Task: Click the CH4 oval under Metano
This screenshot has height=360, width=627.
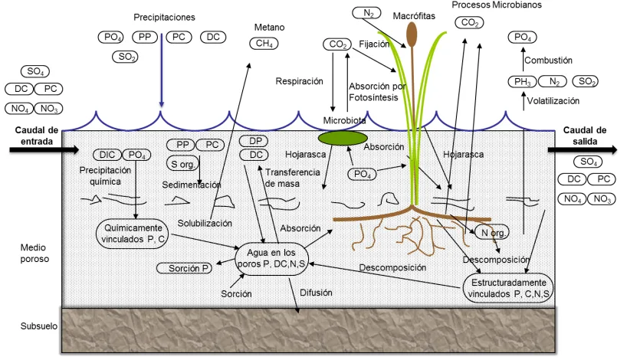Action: tap(264, 43)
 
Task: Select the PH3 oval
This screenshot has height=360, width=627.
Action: tap(522, 81)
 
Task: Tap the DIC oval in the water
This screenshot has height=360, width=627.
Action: tap(107, 155)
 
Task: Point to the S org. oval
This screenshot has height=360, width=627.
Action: tap(182, 163)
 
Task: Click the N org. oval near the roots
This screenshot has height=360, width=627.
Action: tap(492, 232)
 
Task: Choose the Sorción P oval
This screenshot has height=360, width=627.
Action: tap(184, 268)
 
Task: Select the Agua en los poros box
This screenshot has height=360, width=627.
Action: tap(271, 259)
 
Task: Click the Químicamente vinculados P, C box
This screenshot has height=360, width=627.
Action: tap(133, 234)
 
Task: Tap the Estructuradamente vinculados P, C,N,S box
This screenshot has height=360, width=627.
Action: tap(508, 288)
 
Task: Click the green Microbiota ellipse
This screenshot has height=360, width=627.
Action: tap(343, 138)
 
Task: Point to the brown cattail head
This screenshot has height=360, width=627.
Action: tap(412, 34)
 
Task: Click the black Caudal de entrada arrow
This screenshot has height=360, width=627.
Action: tap(44, 150)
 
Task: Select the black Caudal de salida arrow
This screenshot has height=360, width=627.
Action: tap(583, 150)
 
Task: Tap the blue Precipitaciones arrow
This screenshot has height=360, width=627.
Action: tap(161, 70)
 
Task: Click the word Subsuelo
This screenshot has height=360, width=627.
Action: tap(39, 326)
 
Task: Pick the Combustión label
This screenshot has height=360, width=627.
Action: tap(548, 61)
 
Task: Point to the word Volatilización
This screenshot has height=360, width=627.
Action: tap(553, 100)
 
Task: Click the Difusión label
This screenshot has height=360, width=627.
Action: tap(316, 293)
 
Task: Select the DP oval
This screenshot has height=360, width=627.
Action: tap(253, 141)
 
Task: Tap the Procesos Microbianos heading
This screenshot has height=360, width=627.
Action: tap(497, 5)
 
